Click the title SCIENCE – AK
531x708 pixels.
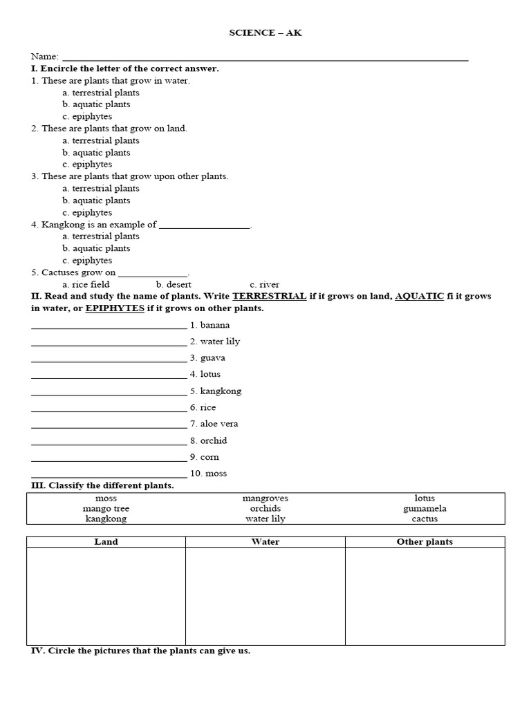coord(265,33)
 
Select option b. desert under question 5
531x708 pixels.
coord(174,284)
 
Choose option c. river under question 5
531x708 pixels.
coord(264,284)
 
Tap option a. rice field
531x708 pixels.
coord(86,284)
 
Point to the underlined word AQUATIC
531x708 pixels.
coord(419,296)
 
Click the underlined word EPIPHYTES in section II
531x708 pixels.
coord(115,308)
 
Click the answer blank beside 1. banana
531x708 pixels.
coord(109,327)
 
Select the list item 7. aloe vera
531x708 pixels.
coord(214,424)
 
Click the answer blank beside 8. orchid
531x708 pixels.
coord(109,442)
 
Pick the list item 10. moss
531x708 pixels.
coord(207,474)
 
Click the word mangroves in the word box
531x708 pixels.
coord(265,499)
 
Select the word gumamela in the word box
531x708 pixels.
coord(425,509)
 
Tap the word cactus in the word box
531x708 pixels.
coord(425,519)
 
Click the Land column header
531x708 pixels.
coord(106,542)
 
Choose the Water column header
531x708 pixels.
coord(265,542)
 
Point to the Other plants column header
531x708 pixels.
coord(425,542)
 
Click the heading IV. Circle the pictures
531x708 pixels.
coord(140,651)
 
